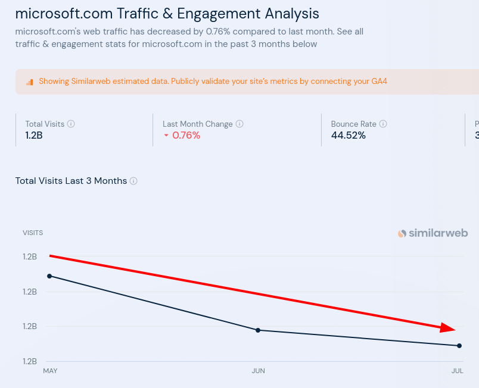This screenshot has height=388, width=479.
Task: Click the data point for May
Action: click(x=49, y=276)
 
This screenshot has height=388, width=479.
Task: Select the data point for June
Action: click(x=258, y=330)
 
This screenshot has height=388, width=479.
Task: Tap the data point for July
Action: click(x=459, y=346)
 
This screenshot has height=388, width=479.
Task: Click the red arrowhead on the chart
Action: click(x=447, y=328)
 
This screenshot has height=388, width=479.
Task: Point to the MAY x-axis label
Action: click(x=50, y=371)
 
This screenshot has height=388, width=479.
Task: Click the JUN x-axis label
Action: click(x=258, y=371)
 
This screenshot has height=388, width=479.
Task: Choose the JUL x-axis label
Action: click(x=457, y=371)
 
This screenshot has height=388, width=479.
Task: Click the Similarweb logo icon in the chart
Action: click(x=402, y=233)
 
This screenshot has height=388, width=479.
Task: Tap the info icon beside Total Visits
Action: click(x=71, y=124)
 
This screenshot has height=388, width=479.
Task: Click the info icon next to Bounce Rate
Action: click(x=383, y=124)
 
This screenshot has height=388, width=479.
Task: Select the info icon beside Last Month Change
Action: click(x=240, y=124)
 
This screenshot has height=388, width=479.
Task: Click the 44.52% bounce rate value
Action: click(x=348, y=135)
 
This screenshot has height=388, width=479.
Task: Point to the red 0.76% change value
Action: click(x=186, y=135)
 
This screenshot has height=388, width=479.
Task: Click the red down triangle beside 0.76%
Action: click(x=166, y=136)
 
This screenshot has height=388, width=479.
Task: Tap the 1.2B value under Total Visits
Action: click(x=34, y=135)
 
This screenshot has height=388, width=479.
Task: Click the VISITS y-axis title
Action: click(x=33, y=233)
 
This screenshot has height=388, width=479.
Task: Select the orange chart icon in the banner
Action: click(x=29, y=82)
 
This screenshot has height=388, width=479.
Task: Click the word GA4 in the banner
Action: click(x=379, y=81)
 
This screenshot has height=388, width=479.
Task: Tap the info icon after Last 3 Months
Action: click(x=133, y=181)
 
